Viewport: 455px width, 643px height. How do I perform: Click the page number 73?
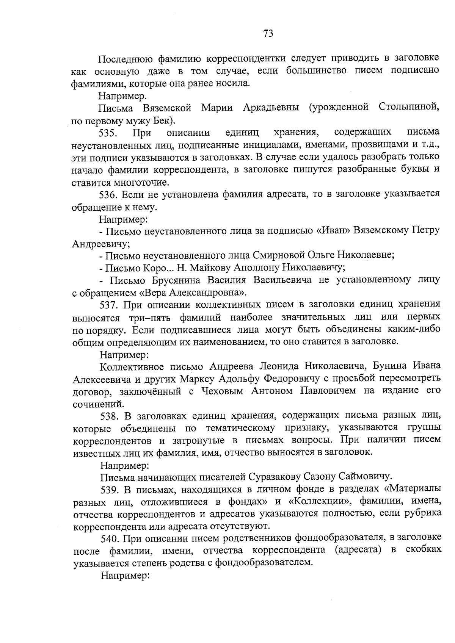tap(268, 33)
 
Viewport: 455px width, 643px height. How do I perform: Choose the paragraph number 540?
tap(111, 538)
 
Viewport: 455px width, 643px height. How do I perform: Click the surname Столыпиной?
tap(409, 108)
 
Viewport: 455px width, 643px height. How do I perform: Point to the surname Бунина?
tap(389, 366)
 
